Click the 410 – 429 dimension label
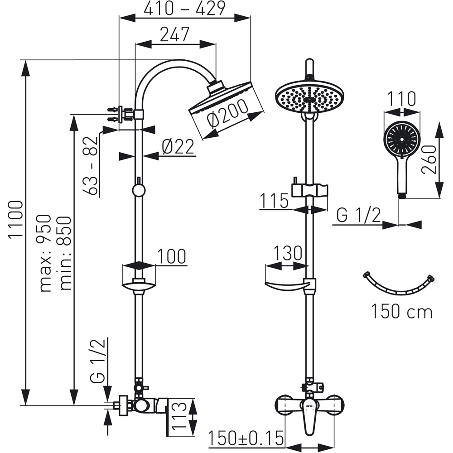coord(184,9)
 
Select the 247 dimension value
coord(174,35)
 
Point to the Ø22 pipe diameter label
coord(178,147)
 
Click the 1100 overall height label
coord(16,220)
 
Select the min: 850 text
coord(65,253)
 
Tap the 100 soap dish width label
coord(171,257)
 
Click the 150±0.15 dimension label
coord(246,439)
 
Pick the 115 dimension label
coord(275,201)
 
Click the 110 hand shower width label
coord(401,99)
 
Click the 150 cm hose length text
coord(402,312)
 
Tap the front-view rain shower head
coord(309,96)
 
